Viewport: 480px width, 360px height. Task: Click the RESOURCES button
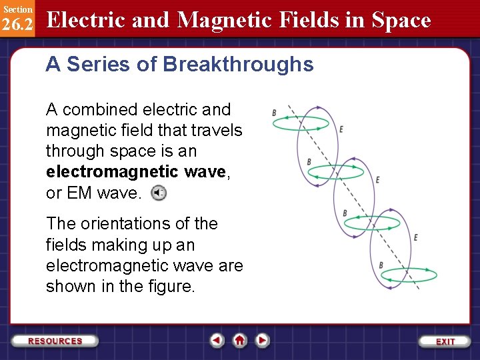point(55,341)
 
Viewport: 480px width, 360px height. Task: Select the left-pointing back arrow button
point(217,341)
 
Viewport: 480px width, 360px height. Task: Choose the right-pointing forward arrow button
point(263,341)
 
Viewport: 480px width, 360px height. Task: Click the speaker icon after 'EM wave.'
point(158,193)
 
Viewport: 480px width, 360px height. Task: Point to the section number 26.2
point(17,24)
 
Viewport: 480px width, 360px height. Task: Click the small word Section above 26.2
point(17,9)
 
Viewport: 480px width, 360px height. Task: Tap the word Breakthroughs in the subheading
point(238,65)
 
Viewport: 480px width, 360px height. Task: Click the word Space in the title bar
point(401,21)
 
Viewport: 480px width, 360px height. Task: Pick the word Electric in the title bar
point(88,21)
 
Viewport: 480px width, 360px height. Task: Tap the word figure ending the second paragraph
point(173,287)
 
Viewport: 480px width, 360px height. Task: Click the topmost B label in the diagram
point(274,113)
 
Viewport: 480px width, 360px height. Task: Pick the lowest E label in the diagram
point(415,237)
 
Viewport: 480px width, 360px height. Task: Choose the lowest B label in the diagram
point(381,265)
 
